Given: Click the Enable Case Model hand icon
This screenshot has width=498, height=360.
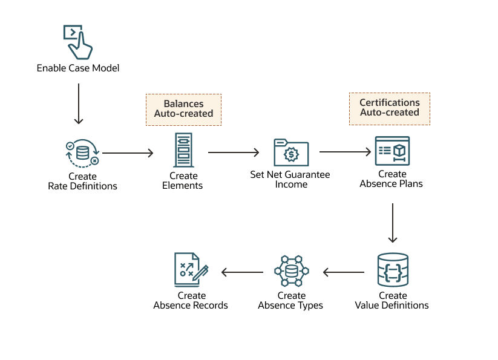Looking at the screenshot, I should click(x=78, y=41).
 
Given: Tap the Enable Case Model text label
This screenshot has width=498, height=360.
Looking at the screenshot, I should click(x=78, y=68).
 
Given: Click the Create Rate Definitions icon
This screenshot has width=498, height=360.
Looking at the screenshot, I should click(x=82, y=154).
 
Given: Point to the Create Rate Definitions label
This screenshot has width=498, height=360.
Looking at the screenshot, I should click(x=82, y=182).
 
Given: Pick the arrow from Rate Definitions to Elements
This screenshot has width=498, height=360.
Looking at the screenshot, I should click(x=128, y=154).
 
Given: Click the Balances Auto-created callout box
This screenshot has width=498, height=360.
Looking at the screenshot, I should click(x=183, y=109).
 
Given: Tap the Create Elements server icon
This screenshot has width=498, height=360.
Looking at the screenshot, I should click(x=183, y=150).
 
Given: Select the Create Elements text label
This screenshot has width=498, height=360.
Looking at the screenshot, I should click(x=183, y=181).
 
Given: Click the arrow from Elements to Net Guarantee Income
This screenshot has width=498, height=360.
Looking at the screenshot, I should click(x=234, y=152).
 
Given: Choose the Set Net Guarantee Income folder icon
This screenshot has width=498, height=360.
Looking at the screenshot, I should click(x=290, y=152).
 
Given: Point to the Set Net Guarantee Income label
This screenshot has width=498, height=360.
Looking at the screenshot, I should click(x=290, y=179).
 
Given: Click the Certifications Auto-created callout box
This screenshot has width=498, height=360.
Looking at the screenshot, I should click(x=389, y=108).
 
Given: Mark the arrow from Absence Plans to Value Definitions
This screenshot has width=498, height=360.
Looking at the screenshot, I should click(x=393, y=223).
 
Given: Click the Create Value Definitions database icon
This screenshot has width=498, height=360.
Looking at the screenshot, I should click(x=393, y=270).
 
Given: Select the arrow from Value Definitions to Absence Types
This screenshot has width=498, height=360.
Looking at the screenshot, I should click(x=344, y=272).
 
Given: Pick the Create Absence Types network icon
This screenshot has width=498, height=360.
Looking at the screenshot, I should click(x=291, y=271).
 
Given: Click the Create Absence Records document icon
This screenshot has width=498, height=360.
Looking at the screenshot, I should click(x=191, y=270).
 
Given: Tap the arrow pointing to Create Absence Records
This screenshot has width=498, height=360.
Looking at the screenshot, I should click(x=242, y=272).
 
